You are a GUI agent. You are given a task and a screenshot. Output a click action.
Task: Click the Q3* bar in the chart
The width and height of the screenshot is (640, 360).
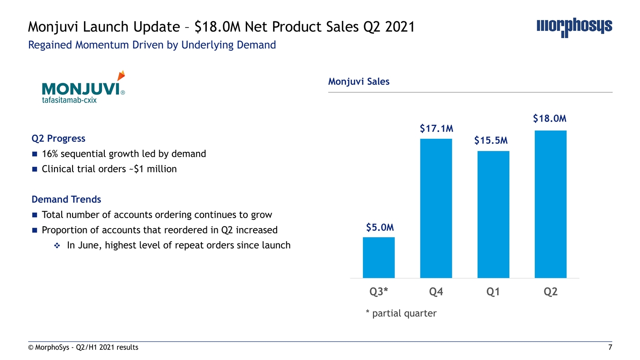coord(379,257)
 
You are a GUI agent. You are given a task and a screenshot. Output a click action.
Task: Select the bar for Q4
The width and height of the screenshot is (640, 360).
coord(436,208)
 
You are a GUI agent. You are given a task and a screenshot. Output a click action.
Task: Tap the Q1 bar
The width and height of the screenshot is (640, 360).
coord(493,214)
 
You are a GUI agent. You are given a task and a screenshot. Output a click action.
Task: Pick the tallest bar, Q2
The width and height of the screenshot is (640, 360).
coord(551,204)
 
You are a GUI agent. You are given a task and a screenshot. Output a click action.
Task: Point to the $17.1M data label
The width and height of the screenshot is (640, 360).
coord(436,129)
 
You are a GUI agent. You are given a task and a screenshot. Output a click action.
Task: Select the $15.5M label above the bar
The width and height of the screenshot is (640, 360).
coord(491,141)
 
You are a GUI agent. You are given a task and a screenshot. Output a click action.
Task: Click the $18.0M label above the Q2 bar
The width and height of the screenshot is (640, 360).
coord(550,118)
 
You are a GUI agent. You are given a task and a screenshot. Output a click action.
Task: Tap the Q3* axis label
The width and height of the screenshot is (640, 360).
coord(379,292)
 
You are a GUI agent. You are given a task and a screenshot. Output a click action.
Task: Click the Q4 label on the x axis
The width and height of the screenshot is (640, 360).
coord(436,292)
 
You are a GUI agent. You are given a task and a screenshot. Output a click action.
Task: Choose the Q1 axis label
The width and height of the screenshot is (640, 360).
coord(493,292)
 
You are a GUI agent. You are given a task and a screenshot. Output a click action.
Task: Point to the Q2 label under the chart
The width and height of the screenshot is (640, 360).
coord(551,292)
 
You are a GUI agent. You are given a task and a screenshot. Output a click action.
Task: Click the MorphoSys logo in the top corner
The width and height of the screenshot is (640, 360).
coord(574,28)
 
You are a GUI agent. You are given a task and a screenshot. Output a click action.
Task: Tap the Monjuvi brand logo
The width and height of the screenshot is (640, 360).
coord(83,88)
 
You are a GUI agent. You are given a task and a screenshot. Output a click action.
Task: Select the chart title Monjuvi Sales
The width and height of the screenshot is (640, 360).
coord(359,82)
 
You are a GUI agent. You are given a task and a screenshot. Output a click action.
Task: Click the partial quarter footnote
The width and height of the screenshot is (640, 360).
coord(401,313)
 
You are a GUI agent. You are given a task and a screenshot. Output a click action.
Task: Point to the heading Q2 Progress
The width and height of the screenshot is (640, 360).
coord(58,138)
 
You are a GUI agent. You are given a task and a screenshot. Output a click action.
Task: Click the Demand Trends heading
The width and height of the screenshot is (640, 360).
coord(66,199)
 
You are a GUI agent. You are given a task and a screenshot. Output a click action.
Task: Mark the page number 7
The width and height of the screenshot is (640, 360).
coord(610,348)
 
